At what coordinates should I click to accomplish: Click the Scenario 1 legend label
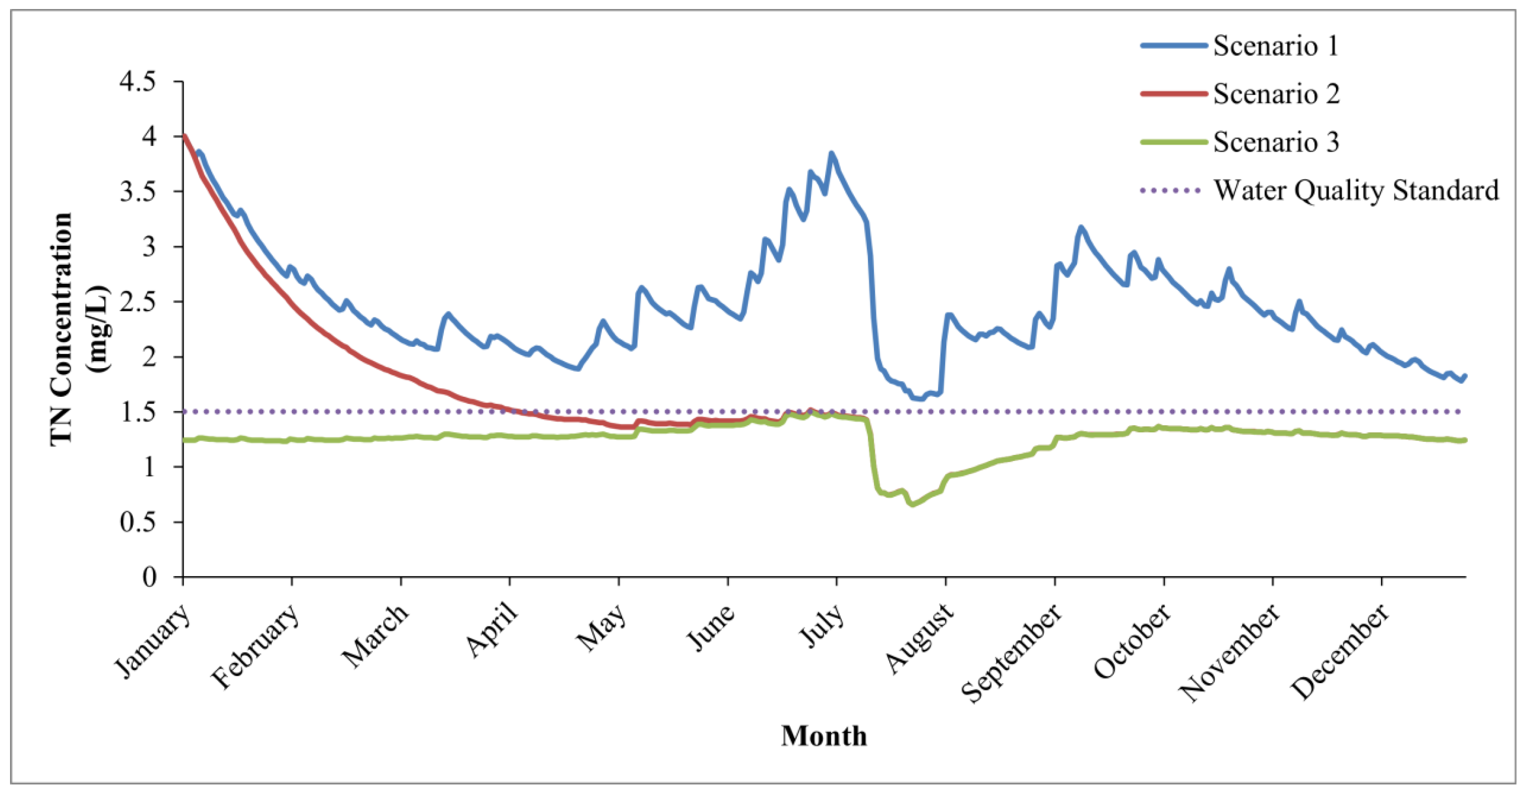(x=1275, y=46)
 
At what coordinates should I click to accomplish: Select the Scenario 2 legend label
(x=1276, y=94)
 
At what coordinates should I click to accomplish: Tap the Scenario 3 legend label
(x=1276, y=142)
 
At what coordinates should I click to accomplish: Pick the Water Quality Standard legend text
(x=1356, y=191)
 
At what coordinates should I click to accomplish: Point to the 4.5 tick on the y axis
(x=137, y=81)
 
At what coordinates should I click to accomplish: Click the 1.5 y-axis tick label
(x=137, y=412)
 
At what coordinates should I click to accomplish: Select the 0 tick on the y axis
(x=149, y=577)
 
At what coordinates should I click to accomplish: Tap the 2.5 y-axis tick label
(x=137, y=301)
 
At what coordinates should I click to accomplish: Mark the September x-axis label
(x=1011, y=653)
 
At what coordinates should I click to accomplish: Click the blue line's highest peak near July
(x=832, y=153)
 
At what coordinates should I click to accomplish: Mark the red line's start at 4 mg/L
(x=185, y=136)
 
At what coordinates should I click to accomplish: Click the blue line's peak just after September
(x=1081, y=227)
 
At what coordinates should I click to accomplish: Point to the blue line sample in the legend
(x=1174, y=46)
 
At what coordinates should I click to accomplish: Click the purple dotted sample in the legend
(x=1170, y=191)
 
